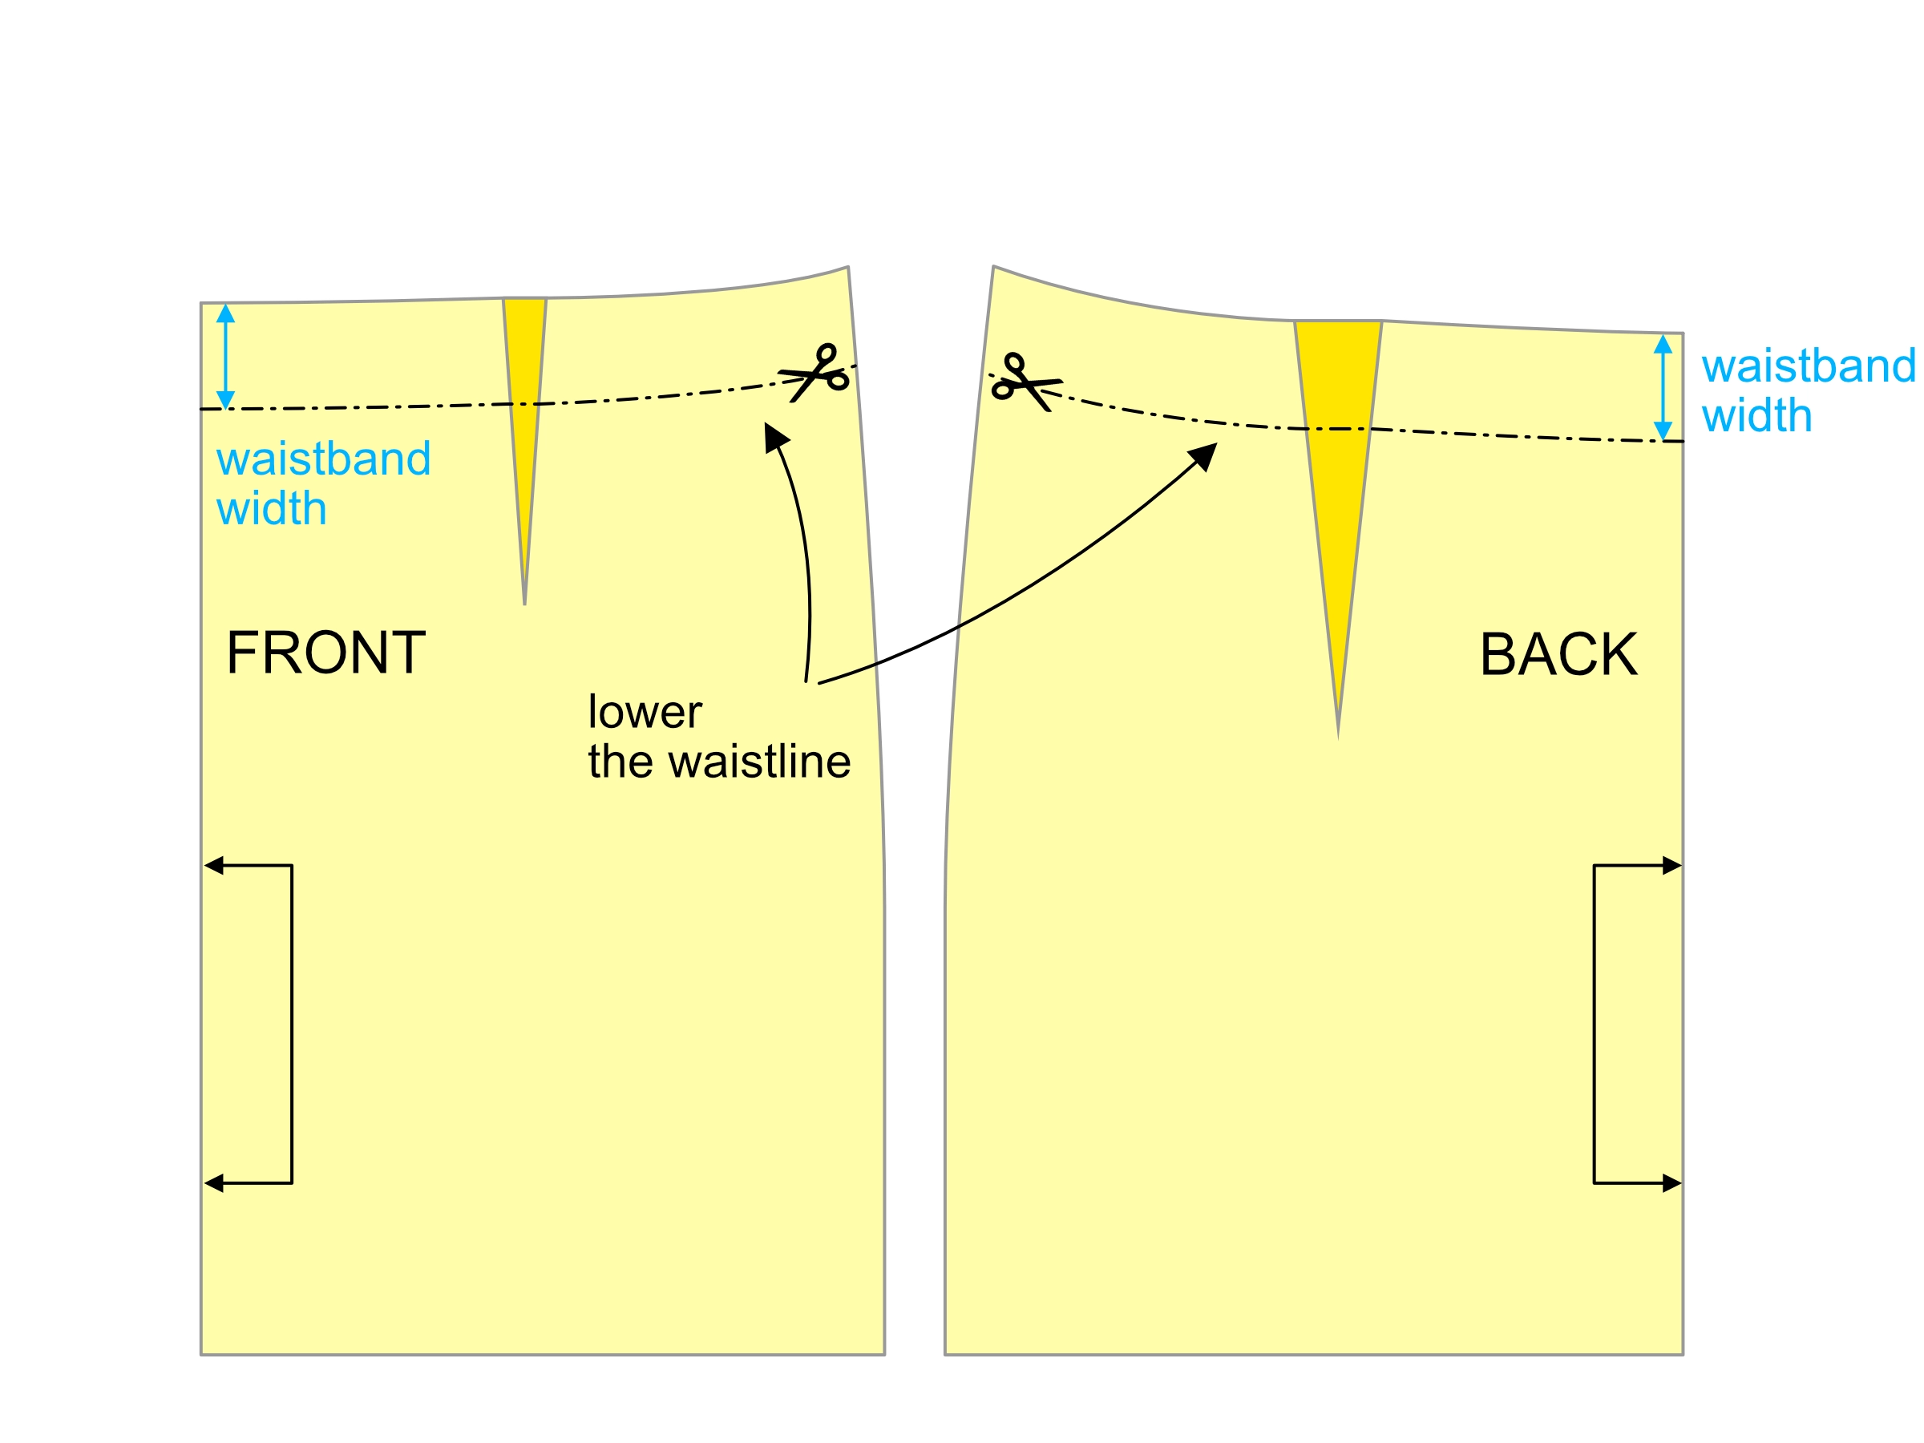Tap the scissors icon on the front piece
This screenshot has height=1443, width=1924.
coord(816,374)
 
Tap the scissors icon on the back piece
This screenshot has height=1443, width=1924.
coord(1024,382)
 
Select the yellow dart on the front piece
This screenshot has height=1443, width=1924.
coord(524,391)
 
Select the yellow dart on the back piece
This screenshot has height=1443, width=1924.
coord(1338,435)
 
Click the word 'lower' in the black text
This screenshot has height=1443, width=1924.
coord(645,713)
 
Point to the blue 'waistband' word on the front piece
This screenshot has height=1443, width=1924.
coord(324,459)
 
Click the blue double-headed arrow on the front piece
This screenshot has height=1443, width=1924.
coord(225,357)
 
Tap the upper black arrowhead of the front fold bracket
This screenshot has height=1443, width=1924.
coord(214,866)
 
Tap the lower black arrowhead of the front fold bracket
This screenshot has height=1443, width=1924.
coord(214,1183)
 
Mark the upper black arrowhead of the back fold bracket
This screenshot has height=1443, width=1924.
coord(1671,866)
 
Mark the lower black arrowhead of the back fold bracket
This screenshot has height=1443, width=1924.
coord(1671,1183)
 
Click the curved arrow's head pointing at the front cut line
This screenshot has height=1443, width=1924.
coord(774,436)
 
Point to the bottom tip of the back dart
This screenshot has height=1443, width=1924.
coord(1338,736)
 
